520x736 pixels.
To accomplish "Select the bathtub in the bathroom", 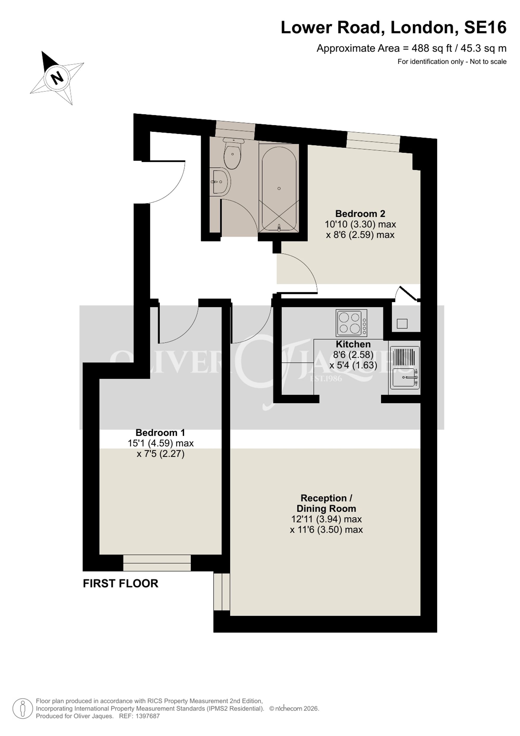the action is [x=279, y=188].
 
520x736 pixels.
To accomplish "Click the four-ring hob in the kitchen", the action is [x=351, y=323].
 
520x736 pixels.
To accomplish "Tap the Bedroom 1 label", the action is [x=160, y=433].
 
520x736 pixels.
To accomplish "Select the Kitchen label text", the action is [x=353, y=344].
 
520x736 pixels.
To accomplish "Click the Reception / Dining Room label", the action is [x=326, y=503].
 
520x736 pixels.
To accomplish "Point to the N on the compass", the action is [x=58, y=77].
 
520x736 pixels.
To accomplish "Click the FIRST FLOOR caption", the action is [x=121, y=583].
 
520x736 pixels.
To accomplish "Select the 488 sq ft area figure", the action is [x=432, y=48].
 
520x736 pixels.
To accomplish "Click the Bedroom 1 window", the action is [x=157, y=563].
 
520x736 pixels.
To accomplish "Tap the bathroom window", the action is [x=235, y=130].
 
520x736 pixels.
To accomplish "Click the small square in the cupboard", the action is [x=402, y=323].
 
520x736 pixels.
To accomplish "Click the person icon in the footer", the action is [x=23, y=708].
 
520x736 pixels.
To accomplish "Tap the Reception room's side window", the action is [x=222, y=592].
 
